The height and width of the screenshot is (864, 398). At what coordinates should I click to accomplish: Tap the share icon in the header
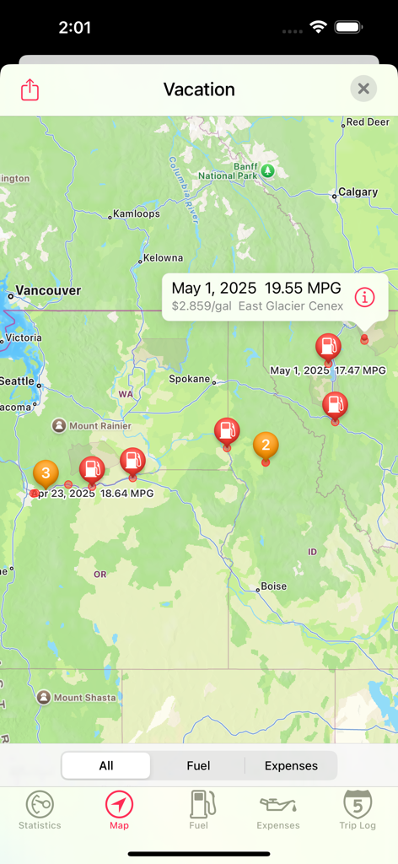click(30, 89)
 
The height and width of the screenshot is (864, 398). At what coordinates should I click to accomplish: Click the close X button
click(363, 89)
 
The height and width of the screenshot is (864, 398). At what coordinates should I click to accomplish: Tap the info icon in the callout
click(364, 297)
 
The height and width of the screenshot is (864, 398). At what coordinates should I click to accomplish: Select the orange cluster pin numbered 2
click(266, 445)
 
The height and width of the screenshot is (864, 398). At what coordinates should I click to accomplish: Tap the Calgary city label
click(358, 192)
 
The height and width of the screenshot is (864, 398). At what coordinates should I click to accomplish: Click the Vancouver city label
click(48, 290)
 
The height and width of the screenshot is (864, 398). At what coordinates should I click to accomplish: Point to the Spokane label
click(189, 379)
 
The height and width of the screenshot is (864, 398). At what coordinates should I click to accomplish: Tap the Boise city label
click(273, 586)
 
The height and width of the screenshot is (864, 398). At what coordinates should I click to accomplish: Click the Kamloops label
click(136, 213)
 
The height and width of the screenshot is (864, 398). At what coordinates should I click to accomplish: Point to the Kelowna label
click(163, 257)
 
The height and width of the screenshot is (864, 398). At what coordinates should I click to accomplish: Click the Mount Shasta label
click(80, 698)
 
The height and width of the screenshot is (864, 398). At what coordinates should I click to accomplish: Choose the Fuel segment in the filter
click(198, 766)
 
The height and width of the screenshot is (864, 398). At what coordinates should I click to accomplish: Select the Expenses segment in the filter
click(291, 766)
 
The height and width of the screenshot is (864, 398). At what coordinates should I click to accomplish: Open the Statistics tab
click(40, 810)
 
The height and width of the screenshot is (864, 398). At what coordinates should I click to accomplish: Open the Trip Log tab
click(358, 810)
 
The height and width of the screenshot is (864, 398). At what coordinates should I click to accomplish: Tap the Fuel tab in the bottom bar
click(199, 810)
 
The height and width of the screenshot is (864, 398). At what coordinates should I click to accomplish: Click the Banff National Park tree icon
click(268, 170)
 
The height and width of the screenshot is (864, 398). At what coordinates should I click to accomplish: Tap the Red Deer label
click(368, 122)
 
